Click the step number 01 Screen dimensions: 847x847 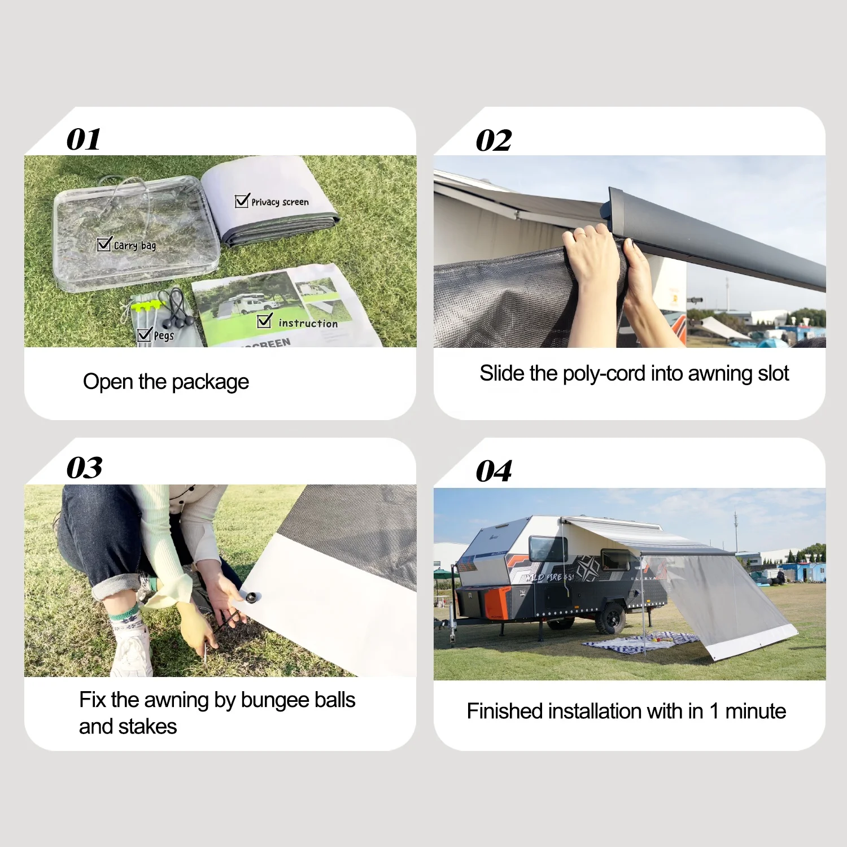(84, 139)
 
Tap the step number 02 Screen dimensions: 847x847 (494, 140)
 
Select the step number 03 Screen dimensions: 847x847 (84, 468)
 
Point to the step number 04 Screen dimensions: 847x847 (494, 471)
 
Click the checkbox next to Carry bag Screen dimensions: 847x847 (104, 244)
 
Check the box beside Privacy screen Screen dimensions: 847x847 (242, 200)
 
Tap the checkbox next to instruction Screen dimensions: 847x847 (264, 321)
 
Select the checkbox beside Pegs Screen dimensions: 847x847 (144, 335)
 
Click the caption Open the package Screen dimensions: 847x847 (165, 382)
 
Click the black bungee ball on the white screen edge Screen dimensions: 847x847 (250, 597)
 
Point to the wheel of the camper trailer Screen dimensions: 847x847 (610, 618)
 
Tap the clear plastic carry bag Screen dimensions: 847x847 (136, 234)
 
